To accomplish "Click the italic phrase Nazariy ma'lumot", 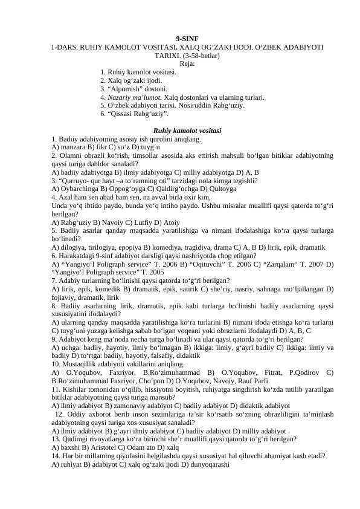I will (126, 97).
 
